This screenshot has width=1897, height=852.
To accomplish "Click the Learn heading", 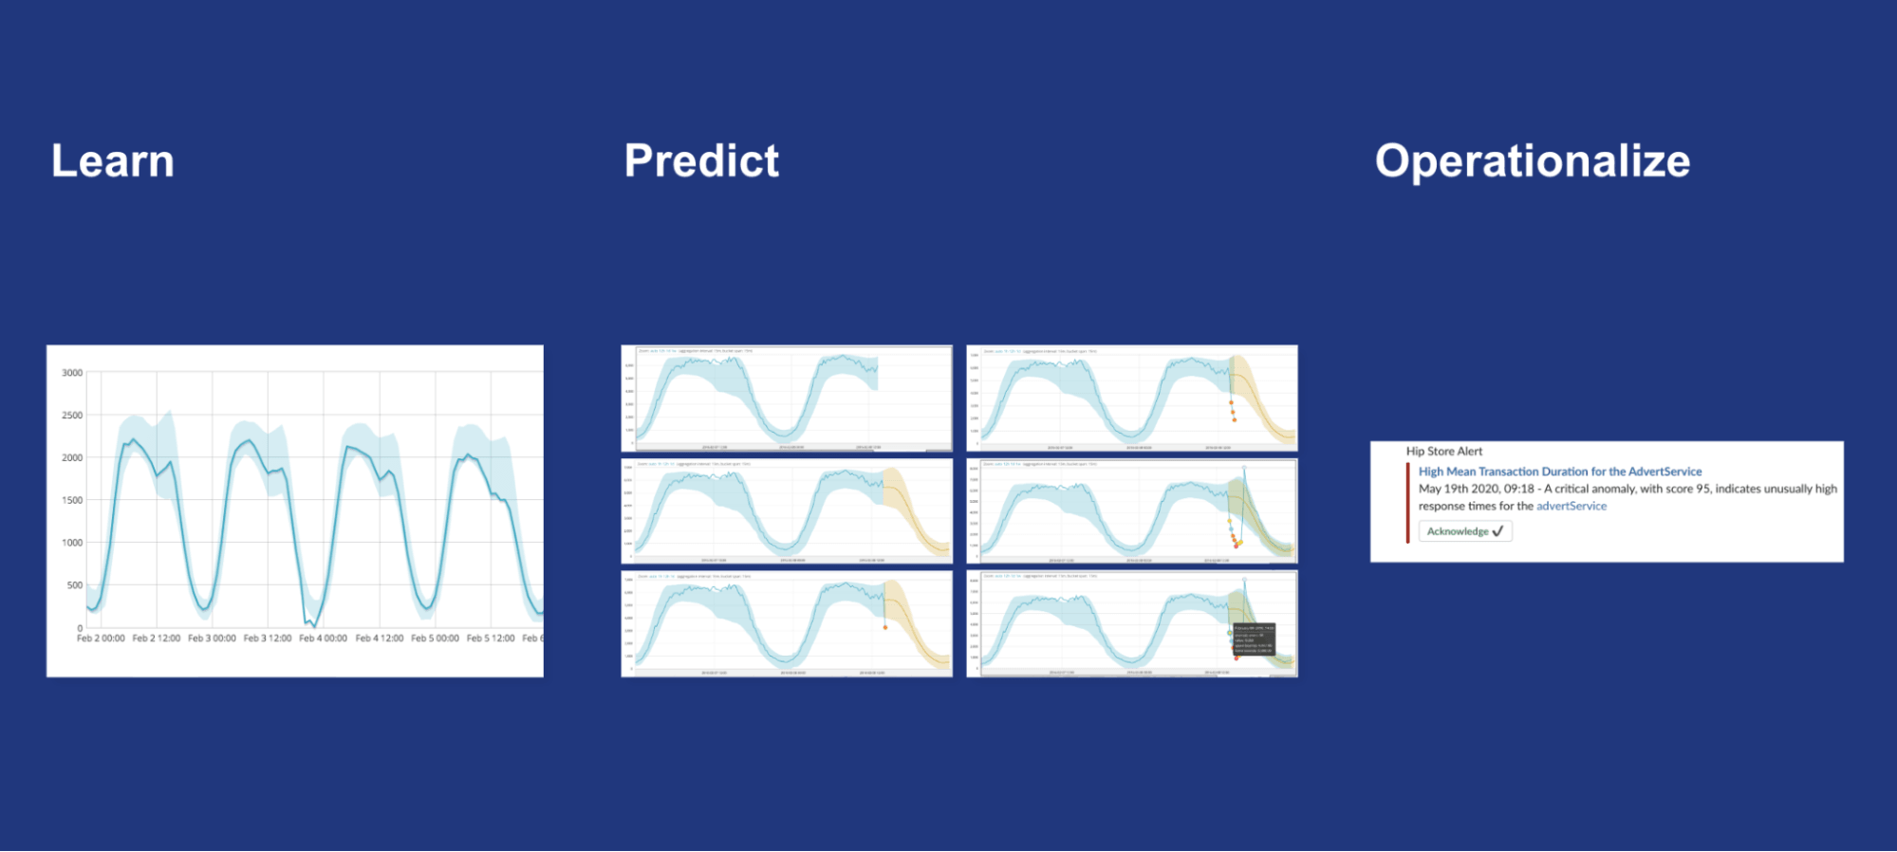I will click(113, 161).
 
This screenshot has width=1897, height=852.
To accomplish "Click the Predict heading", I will click(701, 161).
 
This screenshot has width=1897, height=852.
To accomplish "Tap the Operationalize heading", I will click(1533, 161).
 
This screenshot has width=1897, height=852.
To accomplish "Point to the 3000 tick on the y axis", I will click(72, 373).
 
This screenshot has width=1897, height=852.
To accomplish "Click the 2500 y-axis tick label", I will click(72, 416).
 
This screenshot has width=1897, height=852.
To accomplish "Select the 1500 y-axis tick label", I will click(72, 500).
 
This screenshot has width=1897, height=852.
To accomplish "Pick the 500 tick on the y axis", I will click(74, 585).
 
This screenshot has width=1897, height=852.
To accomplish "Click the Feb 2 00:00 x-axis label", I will click(101, 639).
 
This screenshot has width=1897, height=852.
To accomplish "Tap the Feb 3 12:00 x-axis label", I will click(268, 639).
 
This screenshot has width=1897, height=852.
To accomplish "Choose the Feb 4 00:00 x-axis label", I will click(323, 639).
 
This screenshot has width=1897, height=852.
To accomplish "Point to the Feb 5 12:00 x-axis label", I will click(491, 639).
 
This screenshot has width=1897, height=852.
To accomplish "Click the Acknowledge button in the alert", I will click(1464, 531).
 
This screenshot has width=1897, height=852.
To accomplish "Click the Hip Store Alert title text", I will click(1443, 452).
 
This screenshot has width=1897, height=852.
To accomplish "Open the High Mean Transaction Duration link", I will click(1559, 472).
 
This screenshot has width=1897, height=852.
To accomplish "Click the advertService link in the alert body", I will click(1572, 507).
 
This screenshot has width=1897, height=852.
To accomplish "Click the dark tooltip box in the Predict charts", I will click(1254, 639).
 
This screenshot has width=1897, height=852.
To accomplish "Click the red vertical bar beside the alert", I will click(1407, 503).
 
